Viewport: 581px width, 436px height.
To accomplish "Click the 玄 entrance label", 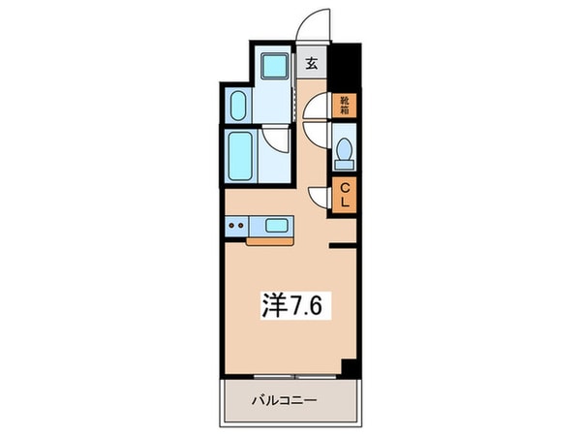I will click(312, 65).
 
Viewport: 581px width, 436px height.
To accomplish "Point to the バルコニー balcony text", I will click(286, 399).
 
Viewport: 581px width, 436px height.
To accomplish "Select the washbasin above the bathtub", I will click(239, 106).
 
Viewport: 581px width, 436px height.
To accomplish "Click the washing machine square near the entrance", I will click(276, 67).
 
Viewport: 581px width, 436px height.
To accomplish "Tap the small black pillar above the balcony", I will click(351, 369).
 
